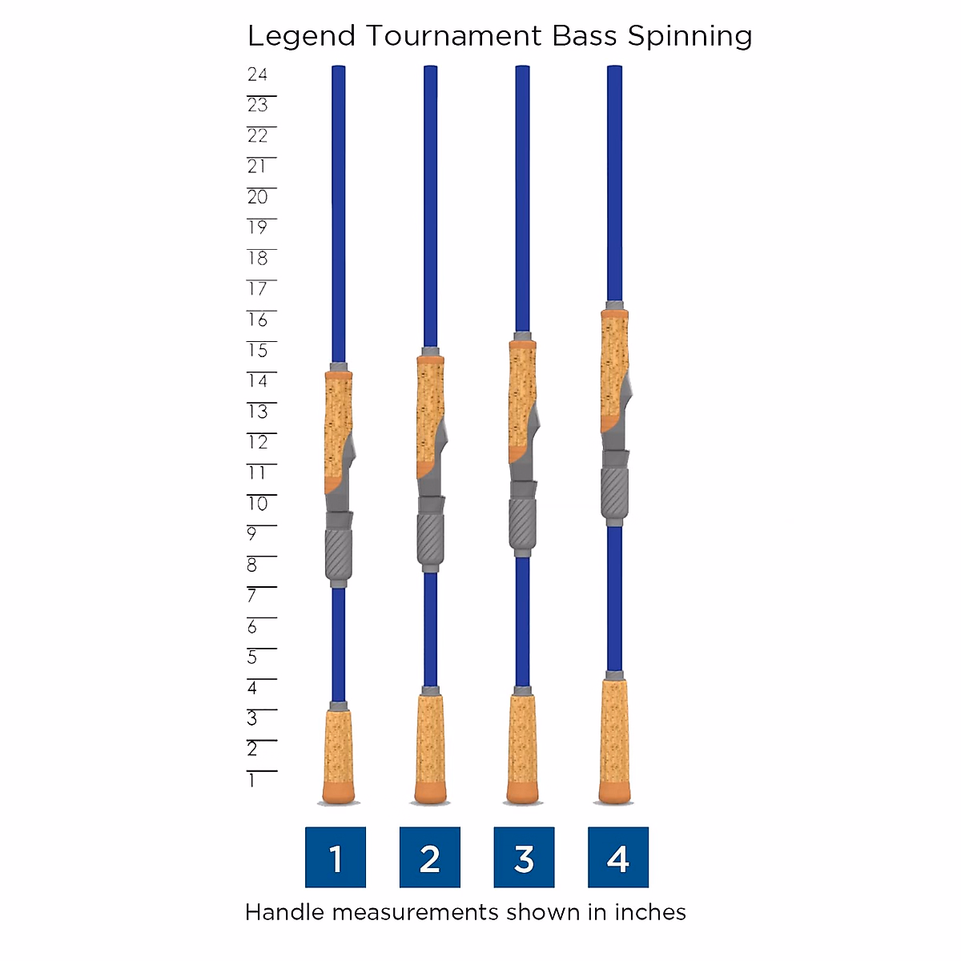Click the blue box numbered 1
(x=336, y=858)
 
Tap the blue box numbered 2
(x=430, y=858)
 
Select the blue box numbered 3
(x=524, y=858)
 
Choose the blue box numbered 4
(x=618, y=858)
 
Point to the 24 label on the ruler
(x=257, y=74)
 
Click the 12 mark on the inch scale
(x=258, y=442)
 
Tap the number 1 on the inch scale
(x=251, y=780)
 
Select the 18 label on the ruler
(x=258, y=258)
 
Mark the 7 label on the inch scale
(x=251, y=596)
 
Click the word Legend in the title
(x=301, y=37)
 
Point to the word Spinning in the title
(x=690, y=37)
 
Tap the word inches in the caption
(x=650, y=912)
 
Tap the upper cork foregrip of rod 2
(x=428, y=408)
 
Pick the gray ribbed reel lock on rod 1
(x=338, y=553)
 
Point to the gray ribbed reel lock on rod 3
(x=522, y=522)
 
